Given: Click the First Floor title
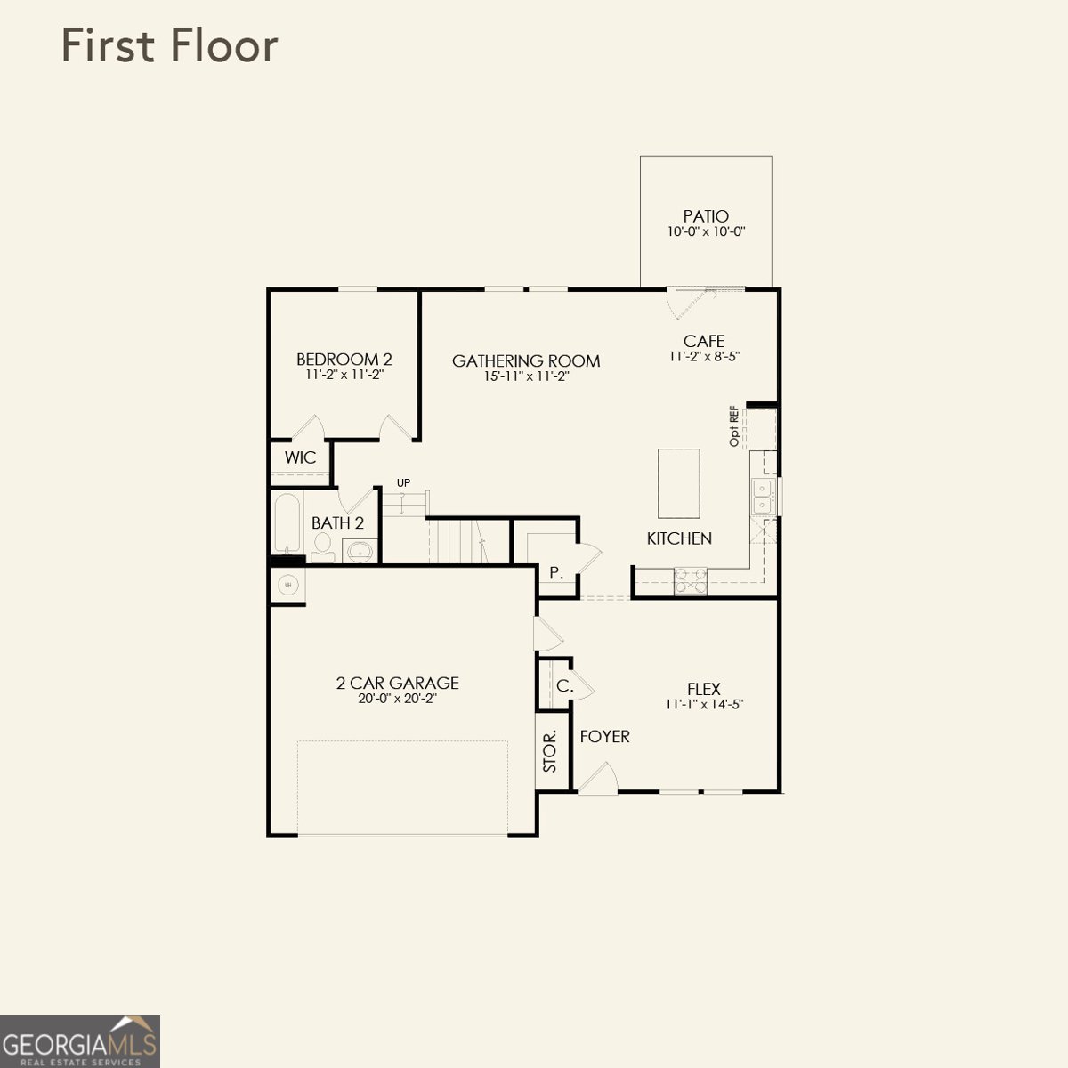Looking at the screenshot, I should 169,46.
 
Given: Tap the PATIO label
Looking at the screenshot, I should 706,216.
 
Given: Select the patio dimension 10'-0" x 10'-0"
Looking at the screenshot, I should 706,231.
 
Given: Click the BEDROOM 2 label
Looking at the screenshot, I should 344,360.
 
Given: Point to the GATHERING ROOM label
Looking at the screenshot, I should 526,360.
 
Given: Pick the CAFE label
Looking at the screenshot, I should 704,341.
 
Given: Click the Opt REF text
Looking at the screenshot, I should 734,426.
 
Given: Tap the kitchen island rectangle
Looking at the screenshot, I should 679,483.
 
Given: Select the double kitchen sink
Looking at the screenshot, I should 763,497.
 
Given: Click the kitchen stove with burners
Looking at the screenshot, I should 691,580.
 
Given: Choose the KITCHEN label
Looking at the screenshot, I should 679,538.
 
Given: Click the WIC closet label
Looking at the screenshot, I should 300,458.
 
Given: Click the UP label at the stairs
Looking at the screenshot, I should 403,483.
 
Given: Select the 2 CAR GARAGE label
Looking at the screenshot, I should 397,683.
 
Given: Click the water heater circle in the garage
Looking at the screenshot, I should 287,585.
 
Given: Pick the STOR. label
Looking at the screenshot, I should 550,751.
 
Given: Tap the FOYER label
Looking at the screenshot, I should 604,737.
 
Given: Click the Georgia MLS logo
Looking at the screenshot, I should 80,1040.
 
